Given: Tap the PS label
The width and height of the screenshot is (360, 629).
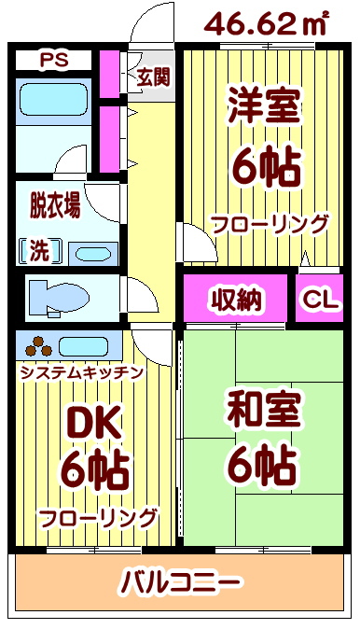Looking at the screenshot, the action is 53,62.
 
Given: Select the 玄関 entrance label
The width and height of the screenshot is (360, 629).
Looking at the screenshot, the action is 153,77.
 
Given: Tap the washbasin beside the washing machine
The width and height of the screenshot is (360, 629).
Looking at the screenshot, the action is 90,253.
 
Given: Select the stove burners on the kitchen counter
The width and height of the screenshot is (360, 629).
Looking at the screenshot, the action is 38,346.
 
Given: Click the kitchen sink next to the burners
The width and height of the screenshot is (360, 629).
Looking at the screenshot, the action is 89,346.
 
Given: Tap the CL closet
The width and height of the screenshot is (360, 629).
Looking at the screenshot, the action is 320,301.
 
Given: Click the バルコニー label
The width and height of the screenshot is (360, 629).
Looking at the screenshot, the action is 181,583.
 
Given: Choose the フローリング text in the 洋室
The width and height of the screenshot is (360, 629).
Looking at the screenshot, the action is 270,224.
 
